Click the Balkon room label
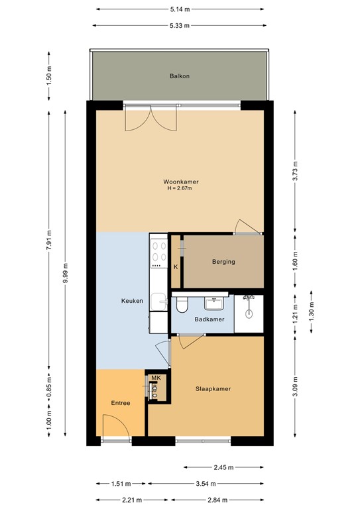[x=180, y=76]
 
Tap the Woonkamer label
[x=181, y=182]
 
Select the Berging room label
[x=223, y=262]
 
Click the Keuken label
[x=113, y=301]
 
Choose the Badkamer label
[x=210, y=320]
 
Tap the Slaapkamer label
[x=213, y=389]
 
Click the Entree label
[x=120, y=403]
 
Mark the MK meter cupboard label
[x=156, y=378]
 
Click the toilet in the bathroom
[x=182, y=304]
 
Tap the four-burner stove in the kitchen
[x=159, y=253]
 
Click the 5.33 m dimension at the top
[x=180, y=26]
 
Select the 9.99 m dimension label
[x=65, y=272]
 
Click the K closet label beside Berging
[x=176, y=267]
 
